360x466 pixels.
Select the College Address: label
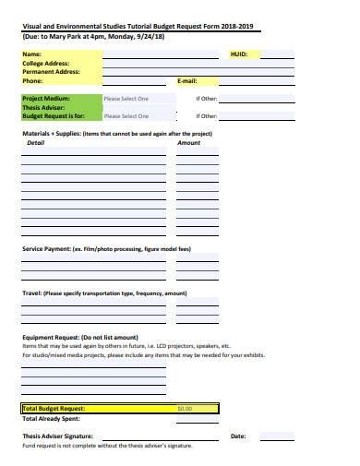point(43,64)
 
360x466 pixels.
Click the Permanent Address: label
point(48,72)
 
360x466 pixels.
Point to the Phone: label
point(33,81)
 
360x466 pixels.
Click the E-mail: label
point(187,81)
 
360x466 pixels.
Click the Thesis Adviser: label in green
point(43,107)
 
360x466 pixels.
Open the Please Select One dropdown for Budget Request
point(126,116)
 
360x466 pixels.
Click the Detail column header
point(36,143)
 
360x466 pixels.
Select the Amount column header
point(188,143)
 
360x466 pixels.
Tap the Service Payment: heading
point(46,249)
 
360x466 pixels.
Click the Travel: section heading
point(32,293)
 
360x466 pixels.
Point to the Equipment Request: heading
point(51,338)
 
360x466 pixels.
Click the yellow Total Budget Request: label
point(54,408)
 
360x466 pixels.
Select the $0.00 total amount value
point(185,408)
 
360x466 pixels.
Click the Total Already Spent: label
point(50,418)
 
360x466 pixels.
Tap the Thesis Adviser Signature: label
point(57,436)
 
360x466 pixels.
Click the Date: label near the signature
point(238,436)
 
